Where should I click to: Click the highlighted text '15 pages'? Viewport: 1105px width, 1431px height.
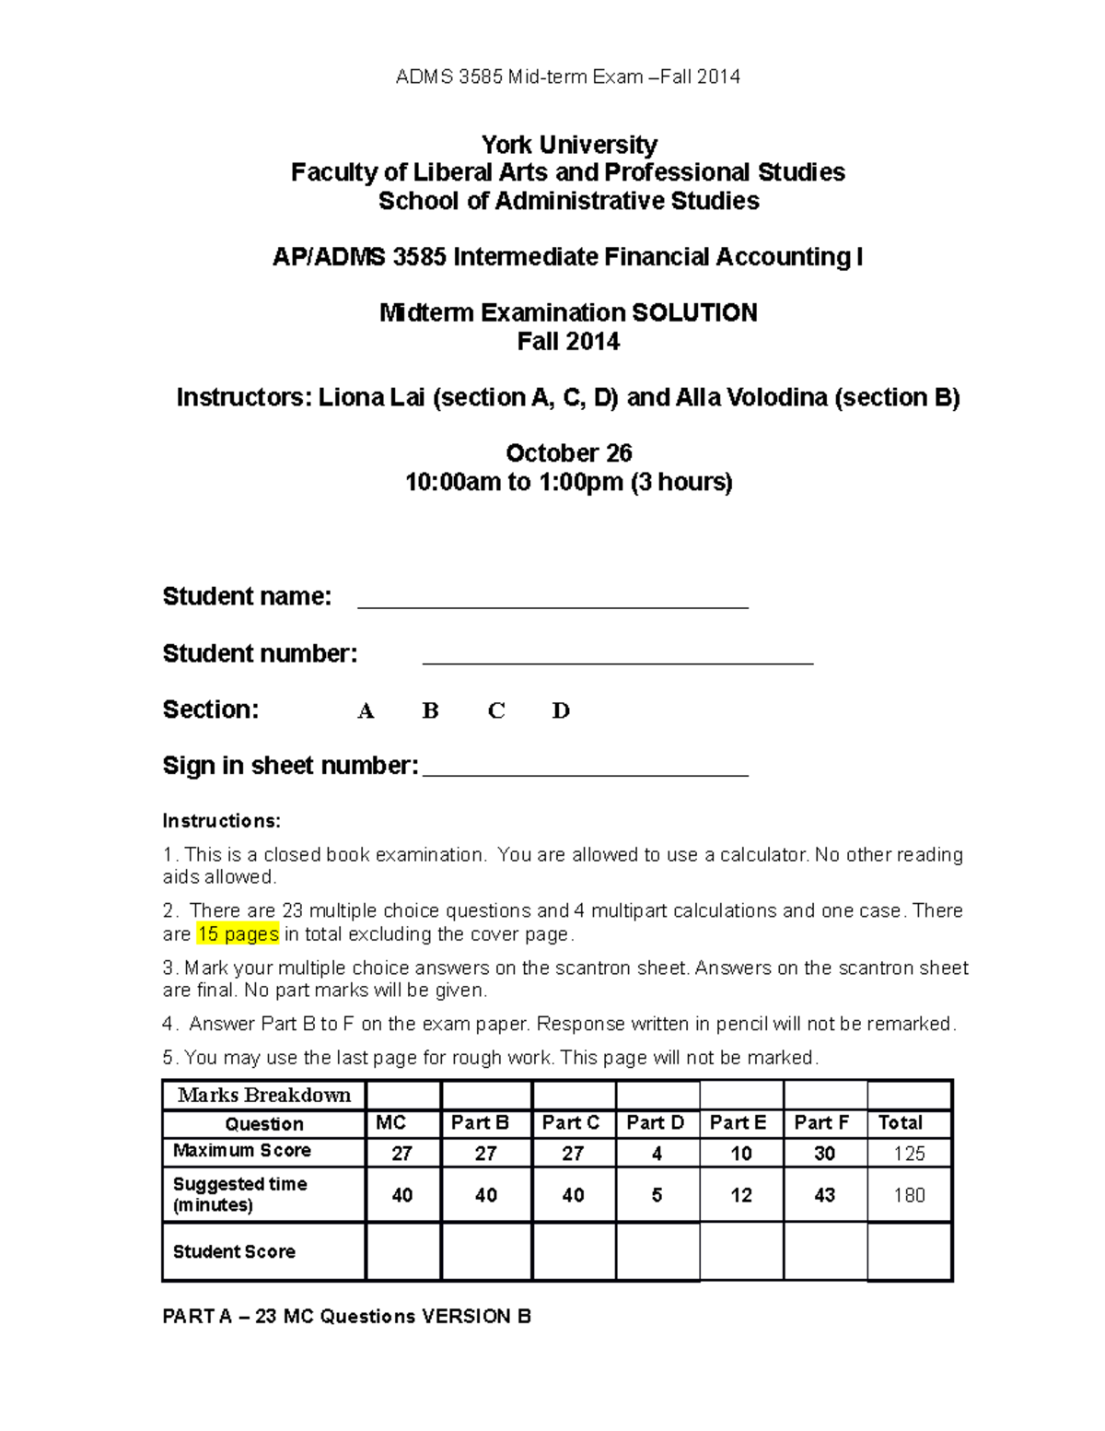(x=238, y=934)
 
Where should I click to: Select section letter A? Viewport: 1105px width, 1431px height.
(x=366, y=711)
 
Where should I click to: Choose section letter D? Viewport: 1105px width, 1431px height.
(x=561, y=711)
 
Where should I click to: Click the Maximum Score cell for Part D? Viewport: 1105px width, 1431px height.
(x=657, y=1154)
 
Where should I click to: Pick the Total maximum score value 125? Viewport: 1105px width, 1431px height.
(x=909, y=1154)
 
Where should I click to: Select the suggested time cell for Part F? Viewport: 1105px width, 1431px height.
(x=824, y=1195)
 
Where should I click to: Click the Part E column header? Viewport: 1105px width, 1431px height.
(x=738, y=1123)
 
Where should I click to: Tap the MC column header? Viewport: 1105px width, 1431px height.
(x=391, y=1123)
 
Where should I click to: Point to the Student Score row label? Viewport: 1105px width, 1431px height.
(x=234, y=1252)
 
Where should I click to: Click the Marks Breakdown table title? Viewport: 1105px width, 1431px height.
(x=264, y=1096)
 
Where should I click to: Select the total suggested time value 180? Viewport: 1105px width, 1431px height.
(x=909, y=1195)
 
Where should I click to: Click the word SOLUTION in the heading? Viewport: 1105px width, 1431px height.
(x=695, y=313)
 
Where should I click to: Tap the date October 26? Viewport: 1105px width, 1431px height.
(x=568, y=453)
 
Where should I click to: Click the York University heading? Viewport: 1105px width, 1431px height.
(x=568, y=145)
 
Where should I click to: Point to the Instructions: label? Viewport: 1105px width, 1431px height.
(x=221, y=821)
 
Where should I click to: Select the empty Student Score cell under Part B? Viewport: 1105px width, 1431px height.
(x=486, y=1252)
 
